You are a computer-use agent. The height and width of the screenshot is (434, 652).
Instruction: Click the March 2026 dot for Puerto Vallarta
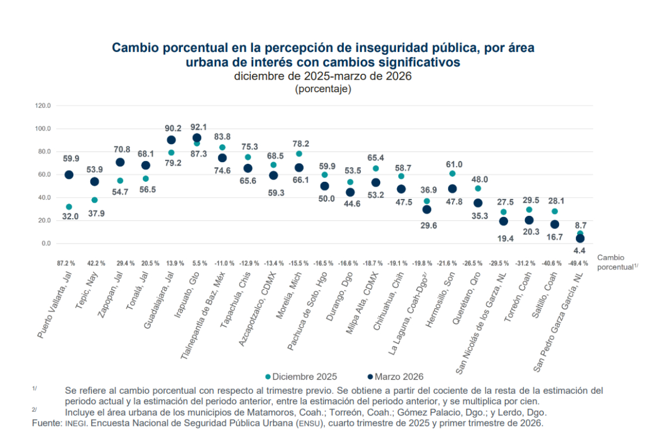pos(69,175)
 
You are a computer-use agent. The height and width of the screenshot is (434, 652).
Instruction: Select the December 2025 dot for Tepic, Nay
pos(95,200)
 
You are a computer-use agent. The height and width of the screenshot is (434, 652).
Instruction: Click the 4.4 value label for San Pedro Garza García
pos(580,251)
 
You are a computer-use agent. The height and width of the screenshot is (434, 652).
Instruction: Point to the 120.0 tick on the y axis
pos(42,106)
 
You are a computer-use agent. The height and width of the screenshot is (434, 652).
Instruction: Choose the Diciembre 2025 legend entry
pos(301,376)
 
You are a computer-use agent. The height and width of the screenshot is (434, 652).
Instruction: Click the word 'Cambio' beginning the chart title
pos(133,48)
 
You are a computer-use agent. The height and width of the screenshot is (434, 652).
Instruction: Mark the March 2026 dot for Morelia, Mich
pos(299,168)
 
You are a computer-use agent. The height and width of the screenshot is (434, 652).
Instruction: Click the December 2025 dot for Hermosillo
pos(452,174)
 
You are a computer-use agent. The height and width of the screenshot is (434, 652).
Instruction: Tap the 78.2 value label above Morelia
pos(301,144)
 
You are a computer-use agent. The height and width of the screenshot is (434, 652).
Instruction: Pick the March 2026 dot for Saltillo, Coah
pos(554,224)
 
